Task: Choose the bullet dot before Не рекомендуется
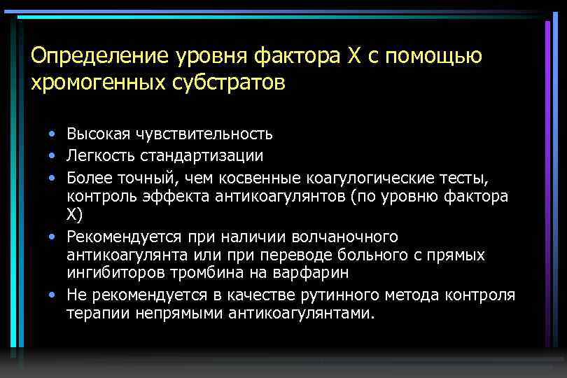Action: pos(52,295)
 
